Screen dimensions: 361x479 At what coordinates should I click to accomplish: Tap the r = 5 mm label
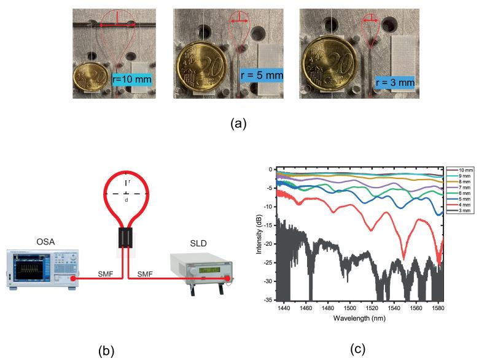(260, 75)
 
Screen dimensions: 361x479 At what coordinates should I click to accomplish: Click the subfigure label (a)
(238, 123)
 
